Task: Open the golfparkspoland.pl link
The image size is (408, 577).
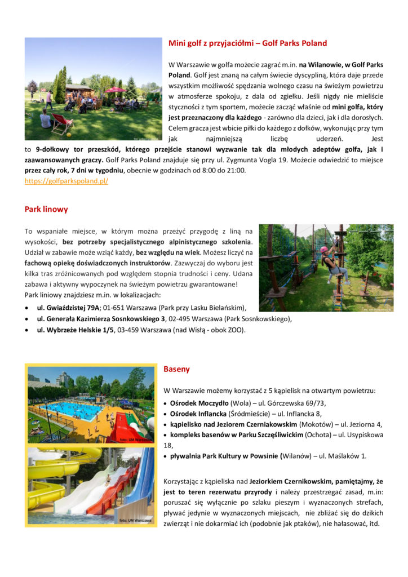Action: pos(66,181)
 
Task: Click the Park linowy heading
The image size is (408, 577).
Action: pos(46,209)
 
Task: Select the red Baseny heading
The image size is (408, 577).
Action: pos(176,369)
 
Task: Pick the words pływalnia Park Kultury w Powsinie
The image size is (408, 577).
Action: pos(225,456)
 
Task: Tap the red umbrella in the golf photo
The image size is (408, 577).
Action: pos(115,90)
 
